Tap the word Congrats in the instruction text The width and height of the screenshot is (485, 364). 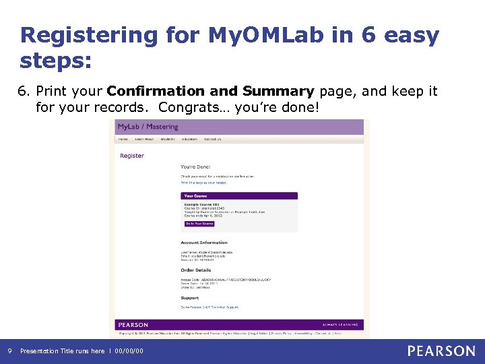coord(185,107)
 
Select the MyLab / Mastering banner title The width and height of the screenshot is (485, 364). coord(148,127)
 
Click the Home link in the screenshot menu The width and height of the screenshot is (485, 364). coord(123,139)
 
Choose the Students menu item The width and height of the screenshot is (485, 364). coord(168,139)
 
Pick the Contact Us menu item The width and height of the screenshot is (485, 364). coord(212,139)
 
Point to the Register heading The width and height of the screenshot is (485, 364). coord(132,156)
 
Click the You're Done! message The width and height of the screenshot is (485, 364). coord(196,166)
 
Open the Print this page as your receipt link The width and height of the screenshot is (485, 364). coord(203,183)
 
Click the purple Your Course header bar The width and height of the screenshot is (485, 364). coord(238,195)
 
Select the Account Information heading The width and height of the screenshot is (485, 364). coord(204,243)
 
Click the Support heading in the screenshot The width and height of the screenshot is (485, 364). coord(190,297)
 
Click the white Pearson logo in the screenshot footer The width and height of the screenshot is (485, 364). coord(133,325)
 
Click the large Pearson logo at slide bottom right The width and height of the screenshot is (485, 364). coord(441,351)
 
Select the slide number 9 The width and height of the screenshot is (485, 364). coord(9,351)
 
